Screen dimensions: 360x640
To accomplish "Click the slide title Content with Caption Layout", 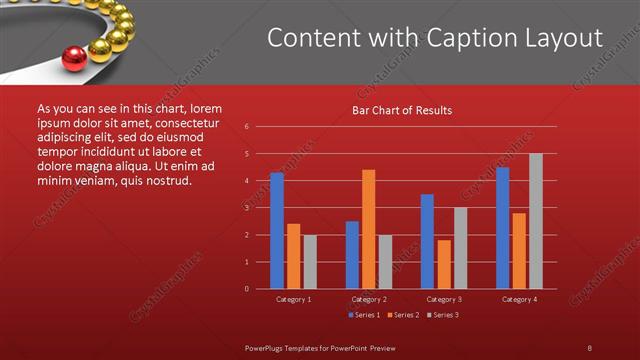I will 435,38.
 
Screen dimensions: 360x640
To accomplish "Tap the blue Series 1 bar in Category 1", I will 277,230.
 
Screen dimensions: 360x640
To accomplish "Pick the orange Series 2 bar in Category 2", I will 368,229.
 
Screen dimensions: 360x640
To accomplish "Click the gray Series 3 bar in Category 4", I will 535,221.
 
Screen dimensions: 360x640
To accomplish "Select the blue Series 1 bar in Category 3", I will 427,241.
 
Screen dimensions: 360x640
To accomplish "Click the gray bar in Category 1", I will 310,261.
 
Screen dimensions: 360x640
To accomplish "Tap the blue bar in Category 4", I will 502,227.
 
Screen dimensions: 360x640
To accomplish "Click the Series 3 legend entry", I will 442,315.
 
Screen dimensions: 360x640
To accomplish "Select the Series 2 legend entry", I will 403,315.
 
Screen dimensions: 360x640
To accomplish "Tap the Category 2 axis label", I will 369,299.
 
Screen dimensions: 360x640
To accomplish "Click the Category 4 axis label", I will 518,299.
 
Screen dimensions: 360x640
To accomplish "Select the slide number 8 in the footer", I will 589,347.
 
